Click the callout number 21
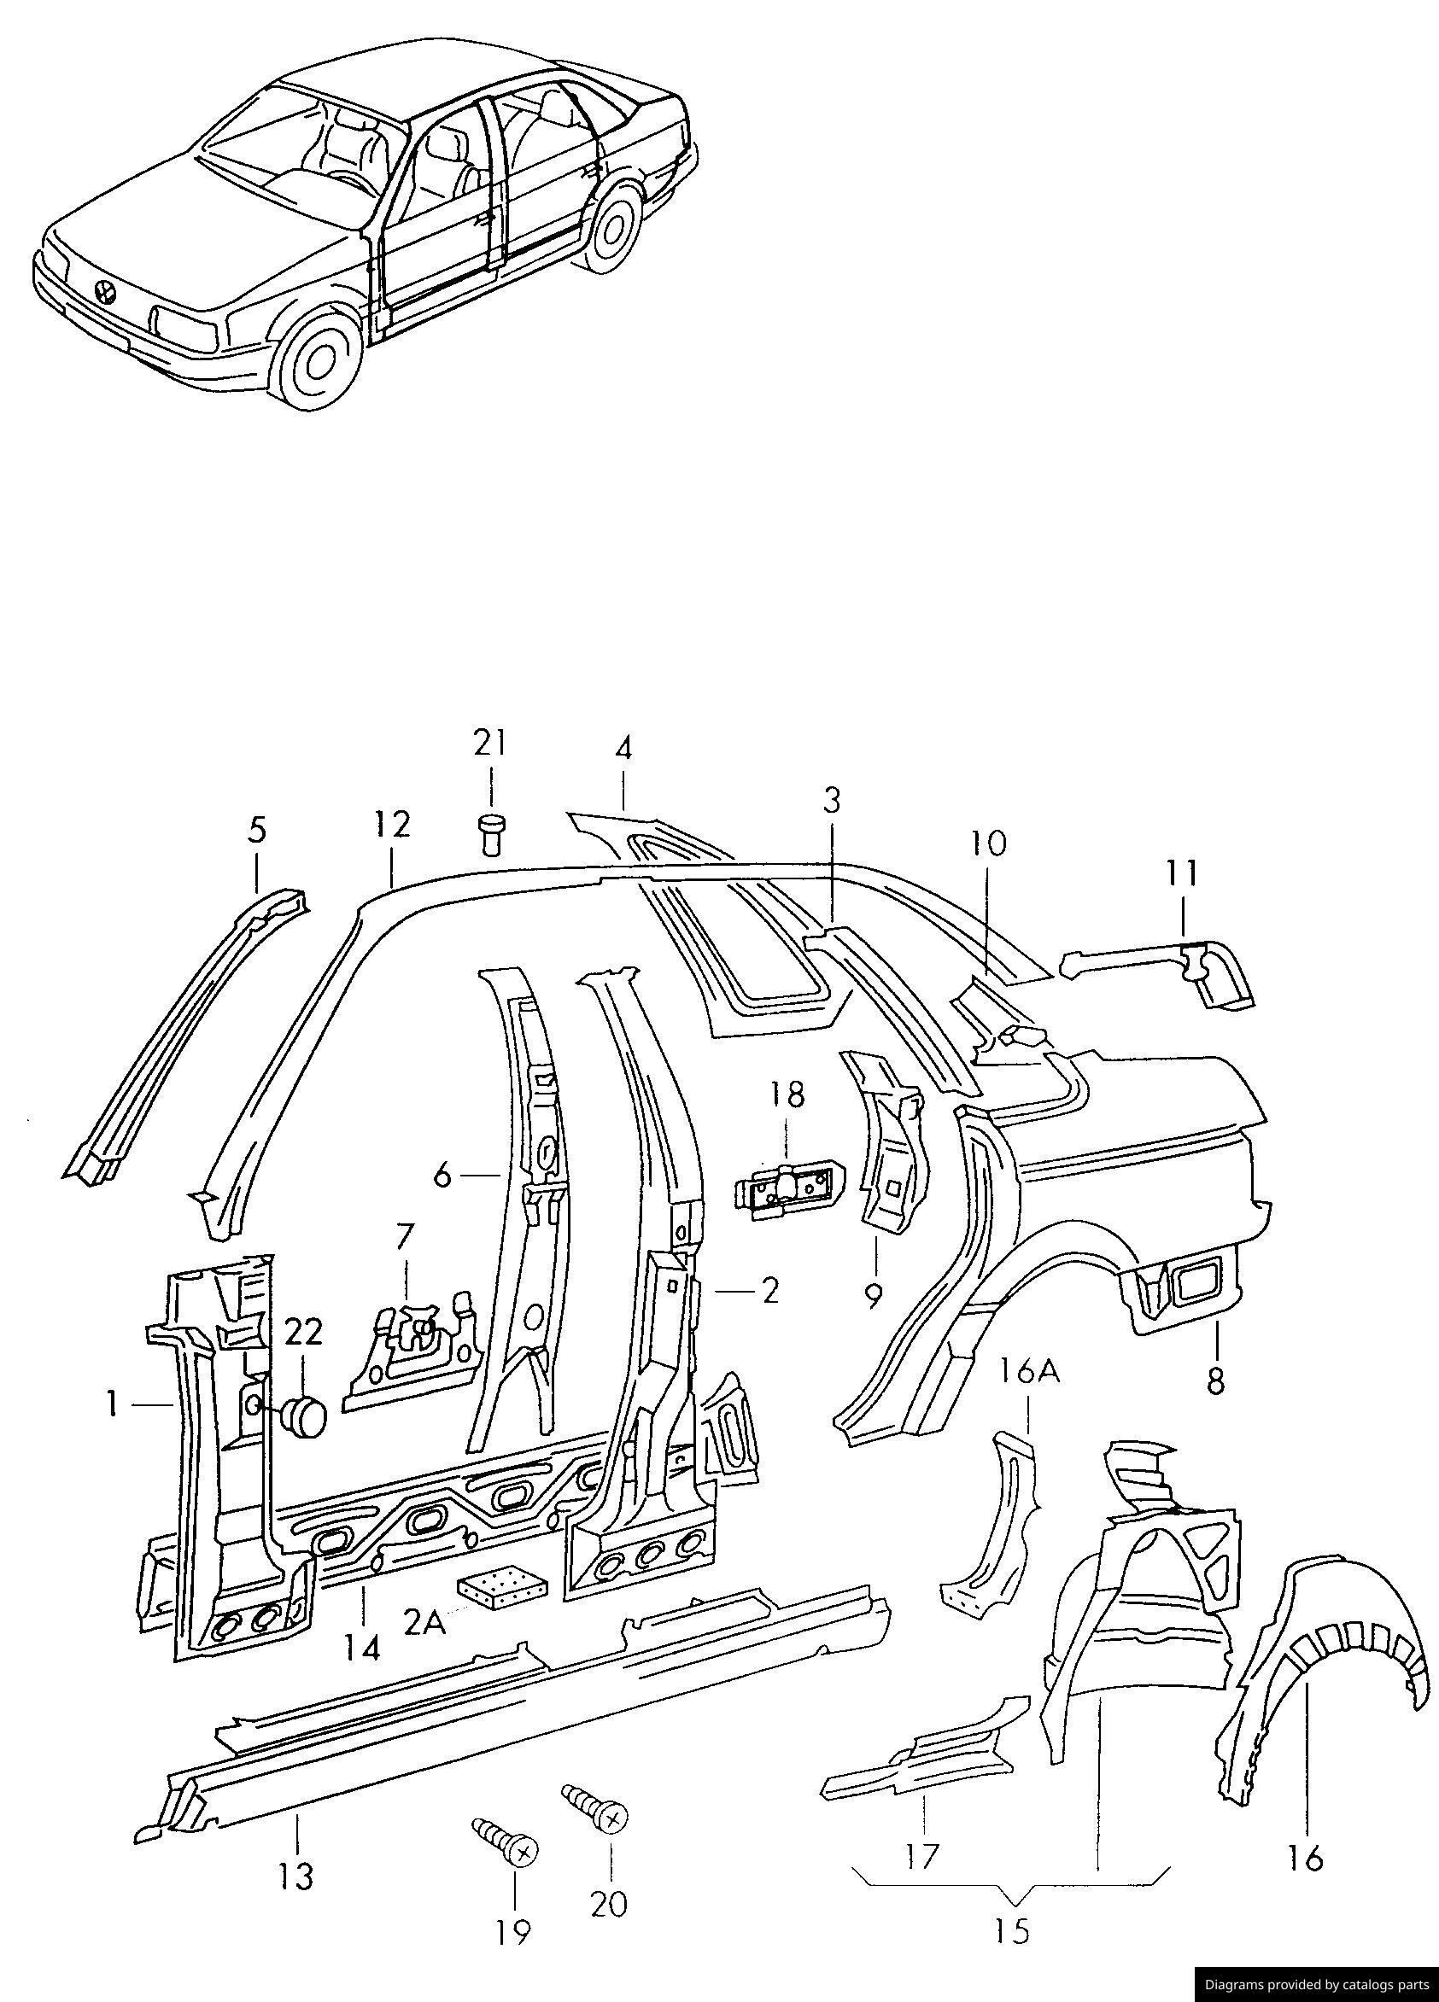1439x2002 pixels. click(x=491, y=744)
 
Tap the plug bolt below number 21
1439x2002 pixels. click(x=490, y=832)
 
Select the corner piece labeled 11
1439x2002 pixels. click(x=1209, y=973)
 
